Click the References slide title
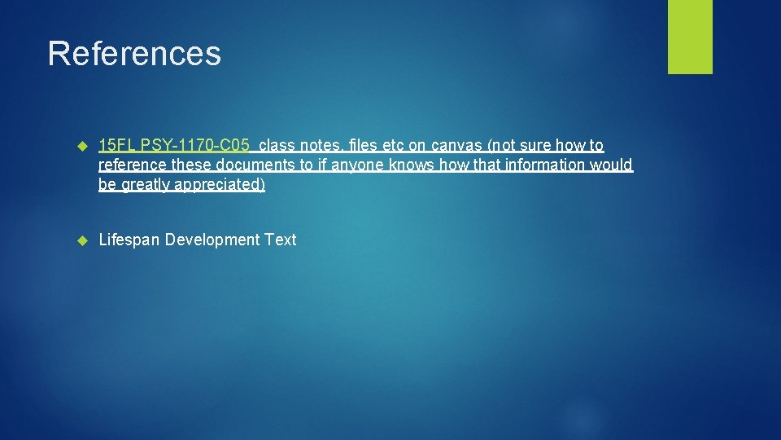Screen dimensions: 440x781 click(134, 54)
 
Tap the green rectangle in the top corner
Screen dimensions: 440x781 click(690, 37)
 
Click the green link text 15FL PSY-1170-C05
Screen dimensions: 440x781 click(173, 146)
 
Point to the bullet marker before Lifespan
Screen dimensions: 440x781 click(81, 240)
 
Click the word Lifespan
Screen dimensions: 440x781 click(129, 240)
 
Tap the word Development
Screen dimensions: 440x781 click(212, 240)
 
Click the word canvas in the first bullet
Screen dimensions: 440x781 click(456, 146)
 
